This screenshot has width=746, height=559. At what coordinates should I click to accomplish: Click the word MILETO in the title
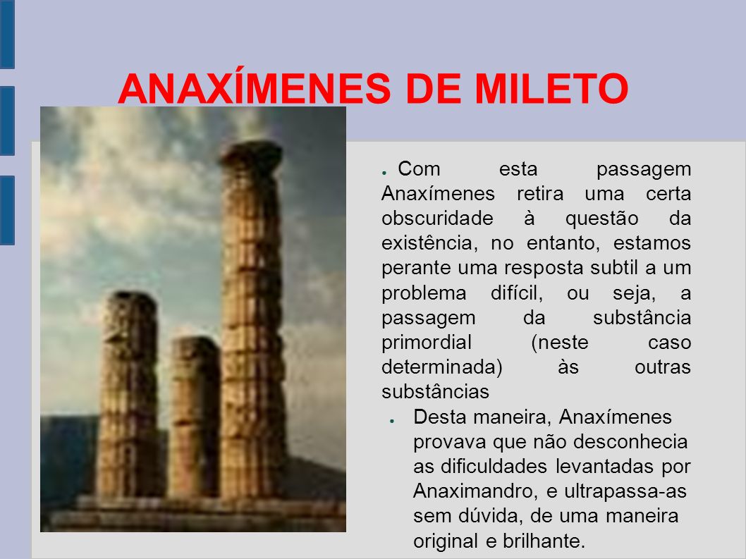[x=551, y=89]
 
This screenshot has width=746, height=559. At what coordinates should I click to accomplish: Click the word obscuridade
[x=437, y=219]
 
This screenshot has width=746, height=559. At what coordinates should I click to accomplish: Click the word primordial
[x=427, y=343]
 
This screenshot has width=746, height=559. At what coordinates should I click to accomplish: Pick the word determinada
[x=442, y=367]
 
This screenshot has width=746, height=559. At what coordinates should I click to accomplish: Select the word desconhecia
[x=630, y=441]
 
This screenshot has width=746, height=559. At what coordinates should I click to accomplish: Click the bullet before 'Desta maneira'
[x=392, y=421]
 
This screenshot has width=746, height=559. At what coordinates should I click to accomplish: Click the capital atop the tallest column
[x=251, y=154]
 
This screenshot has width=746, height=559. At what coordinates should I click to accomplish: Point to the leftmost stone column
[x=128, y=395]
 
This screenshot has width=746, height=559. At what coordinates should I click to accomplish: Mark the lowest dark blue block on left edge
[x=7, y=210]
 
